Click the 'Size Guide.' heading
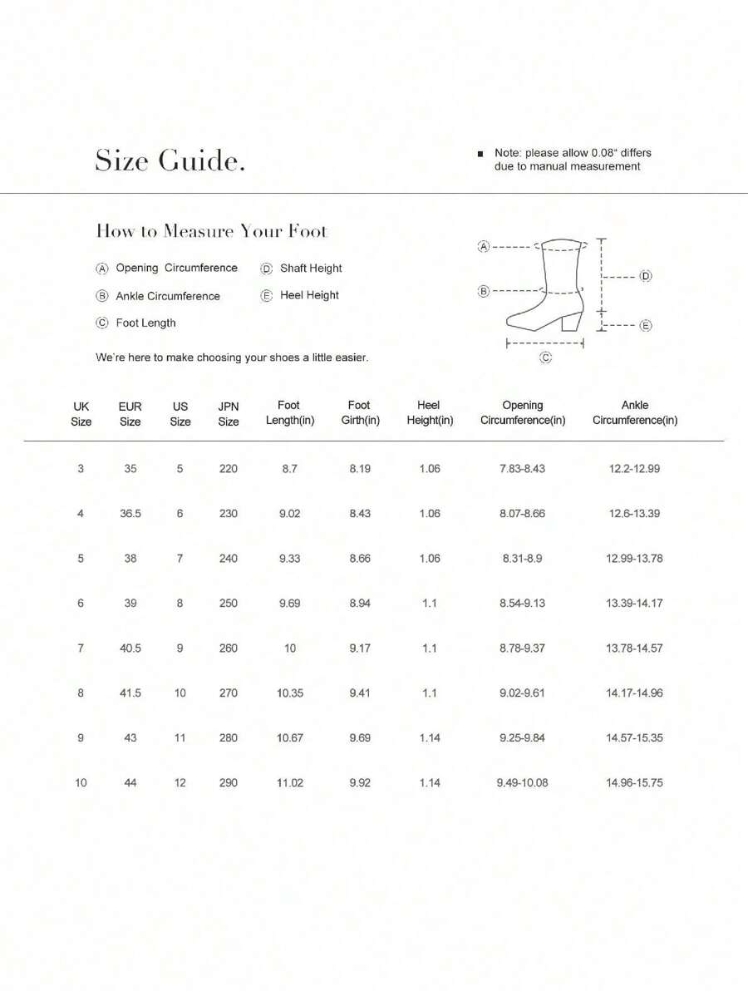point(170,160)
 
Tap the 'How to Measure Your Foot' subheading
point(212,231)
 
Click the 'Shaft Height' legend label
point(311,269)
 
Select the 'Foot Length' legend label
point(145,323)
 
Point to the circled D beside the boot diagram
point(646,276)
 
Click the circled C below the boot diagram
point(546,357)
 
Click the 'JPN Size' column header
point(229,414)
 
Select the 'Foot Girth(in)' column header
point(360,413)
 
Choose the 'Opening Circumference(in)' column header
point(523,413)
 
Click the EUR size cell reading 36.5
point(130,514)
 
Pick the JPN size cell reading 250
point(229,604)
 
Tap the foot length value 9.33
point(289,559)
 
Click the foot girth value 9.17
point(360,648)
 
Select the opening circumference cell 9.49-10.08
point(523,783)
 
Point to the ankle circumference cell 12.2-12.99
point(635,469)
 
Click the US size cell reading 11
point(180,738)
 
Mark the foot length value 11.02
point(289,783)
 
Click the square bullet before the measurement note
point(480,154)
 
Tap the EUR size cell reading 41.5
point(130,693)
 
